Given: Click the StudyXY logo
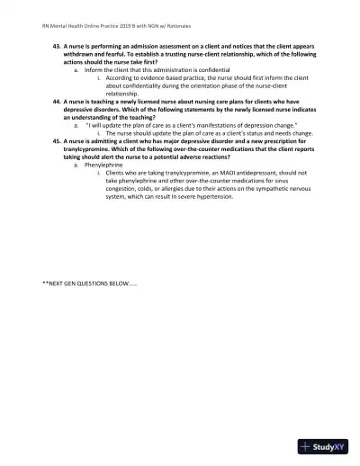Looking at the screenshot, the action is [325, 445].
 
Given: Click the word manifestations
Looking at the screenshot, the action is [210, 124].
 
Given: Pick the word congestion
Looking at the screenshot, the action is [123, 190].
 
